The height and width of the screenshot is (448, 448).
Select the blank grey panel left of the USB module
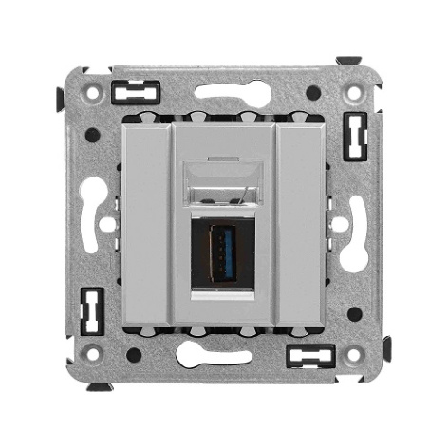[x=146, y=225]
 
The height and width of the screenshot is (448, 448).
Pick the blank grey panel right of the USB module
[x=302, y=225]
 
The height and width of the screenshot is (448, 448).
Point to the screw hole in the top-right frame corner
[x=353, y=96]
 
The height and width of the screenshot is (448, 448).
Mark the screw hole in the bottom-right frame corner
[x=353, y=355]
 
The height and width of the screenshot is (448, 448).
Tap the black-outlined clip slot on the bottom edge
[x=310, y=356]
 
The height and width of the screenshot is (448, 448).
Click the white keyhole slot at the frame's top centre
[x=225, y=95]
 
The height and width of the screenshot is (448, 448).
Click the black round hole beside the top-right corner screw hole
[x=313, y=93]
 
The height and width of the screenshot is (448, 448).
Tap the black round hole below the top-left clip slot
[x=92, y=135]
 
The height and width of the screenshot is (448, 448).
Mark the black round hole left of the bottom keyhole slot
[x=134, y=355]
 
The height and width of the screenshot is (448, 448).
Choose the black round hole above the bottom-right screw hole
[x=354, y=313]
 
